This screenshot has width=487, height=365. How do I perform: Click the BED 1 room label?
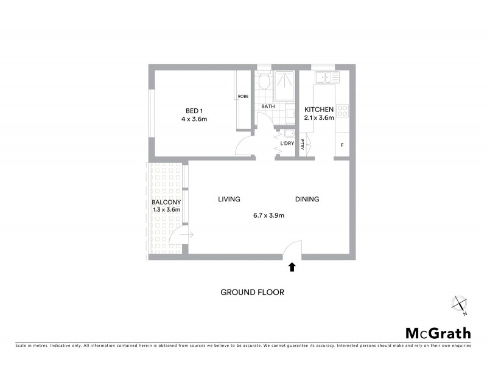click(x=194, y=110)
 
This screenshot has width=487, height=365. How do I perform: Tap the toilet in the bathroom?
click(x=263, y=82)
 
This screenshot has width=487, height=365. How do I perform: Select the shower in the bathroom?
click(x=284, y=85)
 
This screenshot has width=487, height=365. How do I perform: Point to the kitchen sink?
click(x=328, y=77)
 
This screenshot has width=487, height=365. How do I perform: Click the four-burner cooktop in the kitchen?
click(x=343, y=111)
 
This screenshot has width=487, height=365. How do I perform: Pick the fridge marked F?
click(x=342, y=145)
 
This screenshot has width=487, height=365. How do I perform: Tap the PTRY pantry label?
click(x=303, y=144)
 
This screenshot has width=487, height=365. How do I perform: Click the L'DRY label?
click(x=287, y=144)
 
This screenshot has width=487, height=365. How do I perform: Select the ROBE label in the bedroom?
click(x=242, y=96)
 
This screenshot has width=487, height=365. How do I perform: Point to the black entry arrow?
click(x=292, y=266)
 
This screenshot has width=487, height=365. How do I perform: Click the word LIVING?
click(x=229, y=199)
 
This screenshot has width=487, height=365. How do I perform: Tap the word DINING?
click(x=307, y=199)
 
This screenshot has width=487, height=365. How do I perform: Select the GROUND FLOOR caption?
click(x=252, y=292)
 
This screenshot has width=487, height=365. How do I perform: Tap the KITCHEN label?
click(x=319, y=109)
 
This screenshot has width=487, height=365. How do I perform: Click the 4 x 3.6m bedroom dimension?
click(x=194, y=119)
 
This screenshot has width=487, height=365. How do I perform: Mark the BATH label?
click(x=268, y=106)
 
